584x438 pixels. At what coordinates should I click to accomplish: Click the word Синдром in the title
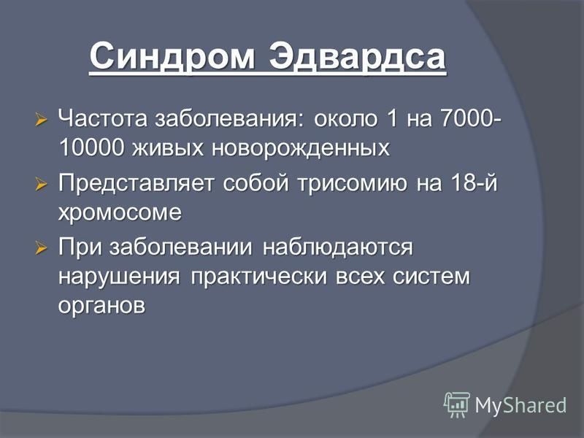pyautogui.click(x=172, y=57)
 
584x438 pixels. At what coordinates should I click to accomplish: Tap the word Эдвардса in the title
pyautogui.click(x=358, y=57)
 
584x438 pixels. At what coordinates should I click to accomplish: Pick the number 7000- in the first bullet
pyautogui.click(x=471, y=119)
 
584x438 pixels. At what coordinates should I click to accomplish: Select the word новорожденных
pyautogui.click(x=301, y=148)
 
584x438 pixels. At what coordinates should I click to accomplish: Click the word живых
pyautogui.click(x=168, y=148)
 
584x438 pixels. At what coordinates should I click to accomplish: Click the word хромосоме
pyautogui.click(x=120, y=213)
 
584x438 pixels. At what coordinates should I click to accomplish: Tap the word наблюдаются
pyautogui.click(x=338, y=247)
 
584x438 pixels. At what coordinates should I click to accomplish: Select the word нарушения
pyautogui.click(x=119, y=277)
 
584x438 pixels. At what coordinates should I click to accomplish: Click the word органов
pyautogui.click(x=101, y=306)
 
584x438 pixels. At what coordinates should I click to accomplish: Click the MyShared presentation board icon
pyautogui.click(x=457, y=405)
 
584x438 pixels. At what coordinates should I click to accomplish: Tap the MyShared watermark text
pyautogui.click(x=520, y=405)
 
